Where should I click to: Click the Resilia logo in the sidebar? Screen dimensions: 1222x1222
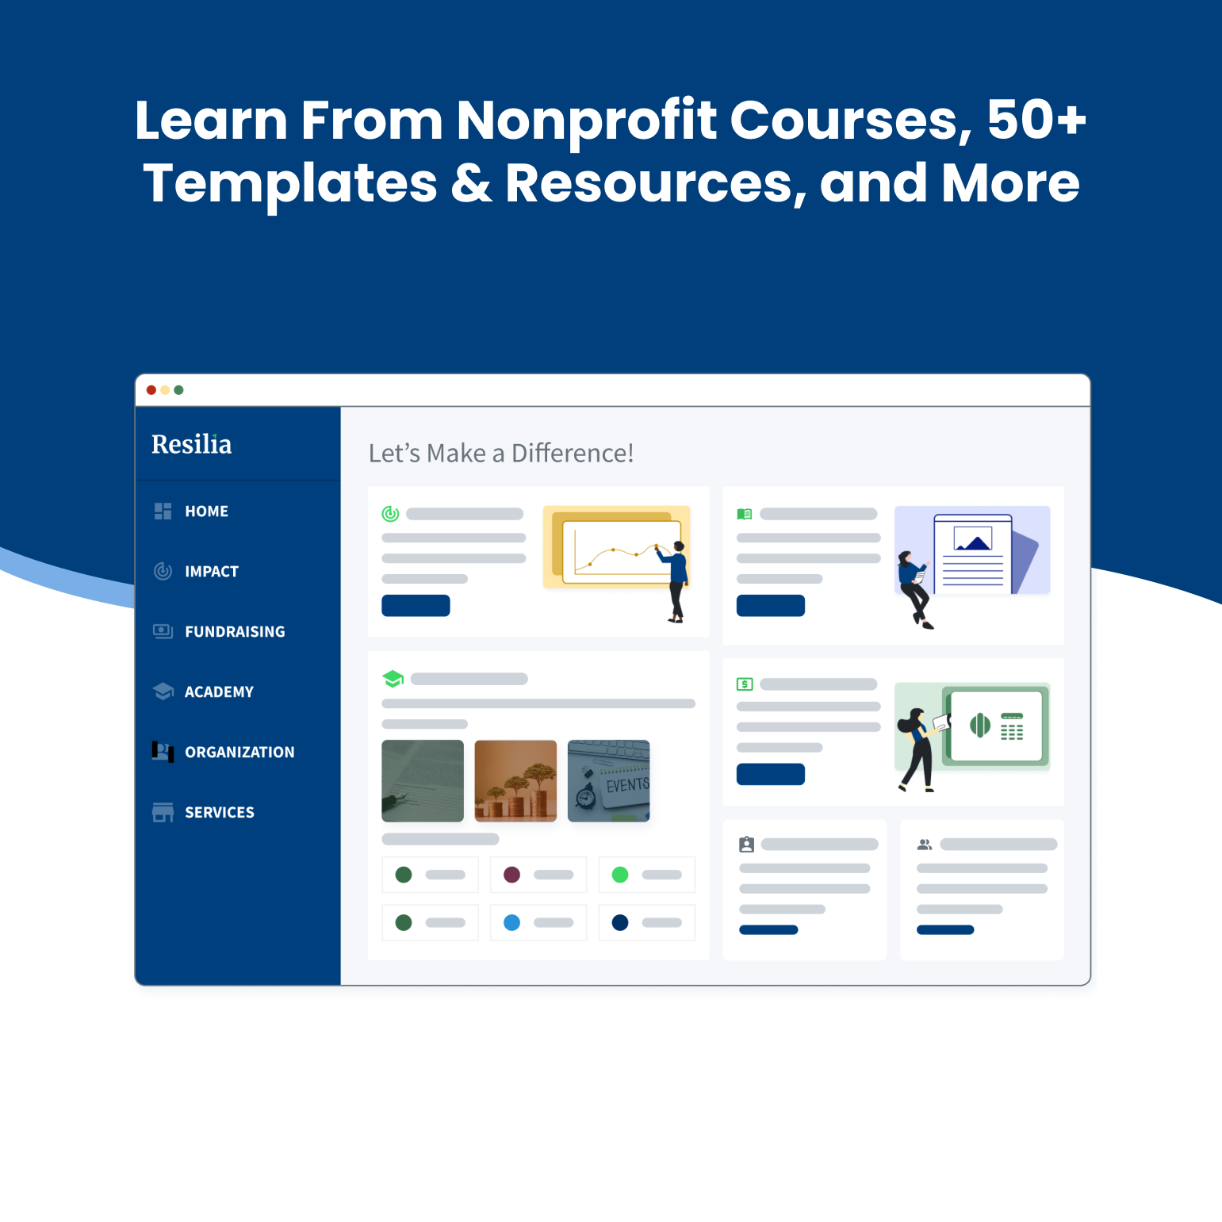point(191,444)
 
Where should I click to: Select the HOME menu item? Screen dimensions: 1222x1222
point(206,511)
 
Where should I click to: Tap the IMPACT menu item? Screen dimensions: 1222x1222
point(211,572)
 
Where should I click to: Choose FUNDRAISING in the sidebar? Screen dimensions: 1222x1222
point(235,632)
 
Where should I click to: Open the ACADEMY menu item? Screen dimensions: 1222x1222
point(219,692)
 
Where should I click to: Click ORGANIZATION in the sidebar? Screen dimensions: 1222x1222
point(239,753)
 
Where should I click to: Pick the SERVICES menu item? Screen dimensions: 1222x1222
point(220,813)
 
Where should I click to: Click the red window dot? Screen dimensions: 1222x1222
point(151,390)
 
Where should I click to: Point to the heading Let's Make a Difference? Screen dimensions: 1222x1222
point(501,453)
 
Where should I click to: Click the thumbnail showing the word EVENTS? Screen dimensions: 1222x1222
point(609,781)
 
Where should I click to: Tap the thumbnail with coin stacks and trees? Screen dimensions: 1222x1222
point(515,781)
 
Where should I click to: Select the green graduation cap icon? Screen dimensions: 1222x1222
point(393,679)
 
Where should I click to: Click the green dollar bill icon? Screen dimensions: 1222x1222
point(745,684)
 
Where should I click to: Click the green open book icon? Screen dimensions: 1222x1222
point(745,514)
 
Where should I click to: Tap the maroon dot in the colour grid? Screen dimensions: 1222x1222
point(512,875)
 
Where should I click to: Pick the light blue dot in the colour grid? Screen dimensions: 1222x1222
point(512,922)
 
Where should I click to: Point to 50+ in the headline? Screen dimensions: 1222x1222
point(1036,120)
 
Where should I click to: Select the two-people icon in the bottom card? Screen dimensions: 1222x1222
point(925,845)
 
